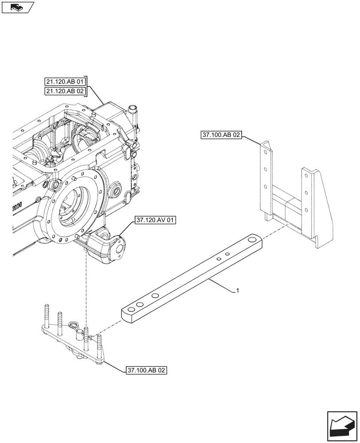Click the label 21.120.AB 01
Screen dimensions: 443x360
click(x=65, y=81)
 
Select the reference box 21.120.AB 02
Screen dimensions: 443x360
click(x=65, y=91)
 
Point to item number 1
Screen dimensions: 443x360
click(x=238, y=291)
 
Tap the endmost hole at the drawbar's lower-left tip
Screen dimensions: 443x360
click(x=129, y=310)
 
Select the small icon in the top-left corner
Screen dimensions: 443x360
click(x=17, y=7)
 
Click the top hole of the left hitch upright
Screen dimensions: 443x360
click(x=264, y=152)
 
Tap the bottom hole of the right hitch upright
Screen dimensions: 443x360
click(x=305, y=209)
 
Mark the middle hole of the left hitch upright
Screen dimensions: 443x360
click(x=264, y=168)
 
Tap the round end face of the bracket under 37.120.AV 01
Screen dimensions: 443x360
click(x=119, y=249)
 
